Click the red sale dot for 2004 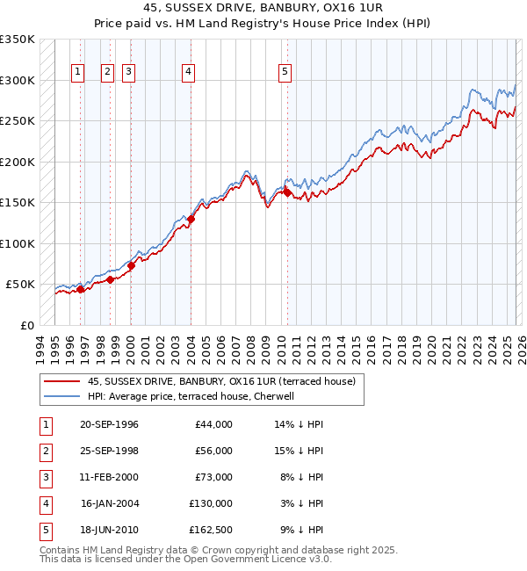pyautogui.click(x=191, y=219)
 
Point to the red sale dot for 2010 pyautogui.click(x=287, y=192)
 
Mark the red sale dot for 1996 pyautogui.click(x=80, y=289)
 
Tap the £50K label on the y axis pyautogui.click(x=20, y=285)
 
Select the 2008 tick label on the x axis pyautogui.click(x=250, y=348)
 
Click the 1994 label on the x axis pyautogui.click(x=40, y=348)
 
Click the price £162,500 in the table pyautogui.click(x=211, y=530)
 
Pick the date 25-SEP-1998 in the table pyautogui.click(x=109, y=451)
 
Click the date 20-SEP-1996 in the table pyautogui.click(x=109, y=424)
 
